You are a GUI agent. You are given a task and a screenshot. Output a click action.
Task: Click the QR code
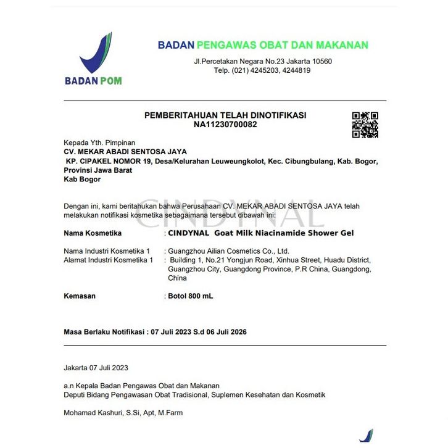[x=365, y=125]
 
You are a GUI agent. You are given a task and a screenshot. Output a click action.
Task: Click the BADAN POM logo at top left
[x=94, y=58]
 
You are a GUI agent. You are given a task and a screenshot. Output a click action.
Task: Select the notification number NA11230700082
[x=225, y=125]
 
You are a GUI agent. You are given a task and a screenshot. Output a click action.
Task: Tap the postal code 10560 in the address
[x=321, y=61]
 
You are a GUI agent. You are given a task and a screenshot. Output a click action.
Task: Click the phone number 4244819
[x=296, y=70]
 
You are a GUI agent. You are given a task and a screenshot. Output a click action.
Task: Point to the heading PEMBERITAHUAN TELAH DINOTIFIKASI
[x=225, y=115]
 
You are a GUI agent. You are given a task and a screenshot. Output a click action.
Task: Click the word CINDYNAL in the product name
[x=188, y=233]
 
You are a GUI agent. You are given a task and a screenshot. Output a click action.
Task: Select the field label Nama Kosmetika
[x=93, y=233]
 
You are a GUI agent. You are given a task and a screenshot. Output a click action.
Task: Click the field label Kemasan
[x=80, y=296]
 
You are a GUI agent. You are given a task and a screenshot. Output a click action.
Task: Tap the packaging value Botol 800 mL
[x=191, y=296]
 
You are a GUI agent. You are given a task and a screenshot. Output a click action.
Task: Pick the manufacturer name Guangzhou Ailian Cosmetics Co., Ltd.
[x=229, y=251]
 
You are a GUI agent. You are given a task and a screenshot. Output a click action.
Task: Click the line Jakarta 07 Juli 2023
[x=96, y=368]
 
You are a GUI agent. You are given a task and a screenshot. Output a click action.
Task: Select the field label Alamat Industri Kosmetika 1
[x=108, y=260]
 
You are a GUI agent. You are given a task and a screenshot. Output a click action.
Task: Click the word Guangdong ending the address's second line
[x=354, y=269]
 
